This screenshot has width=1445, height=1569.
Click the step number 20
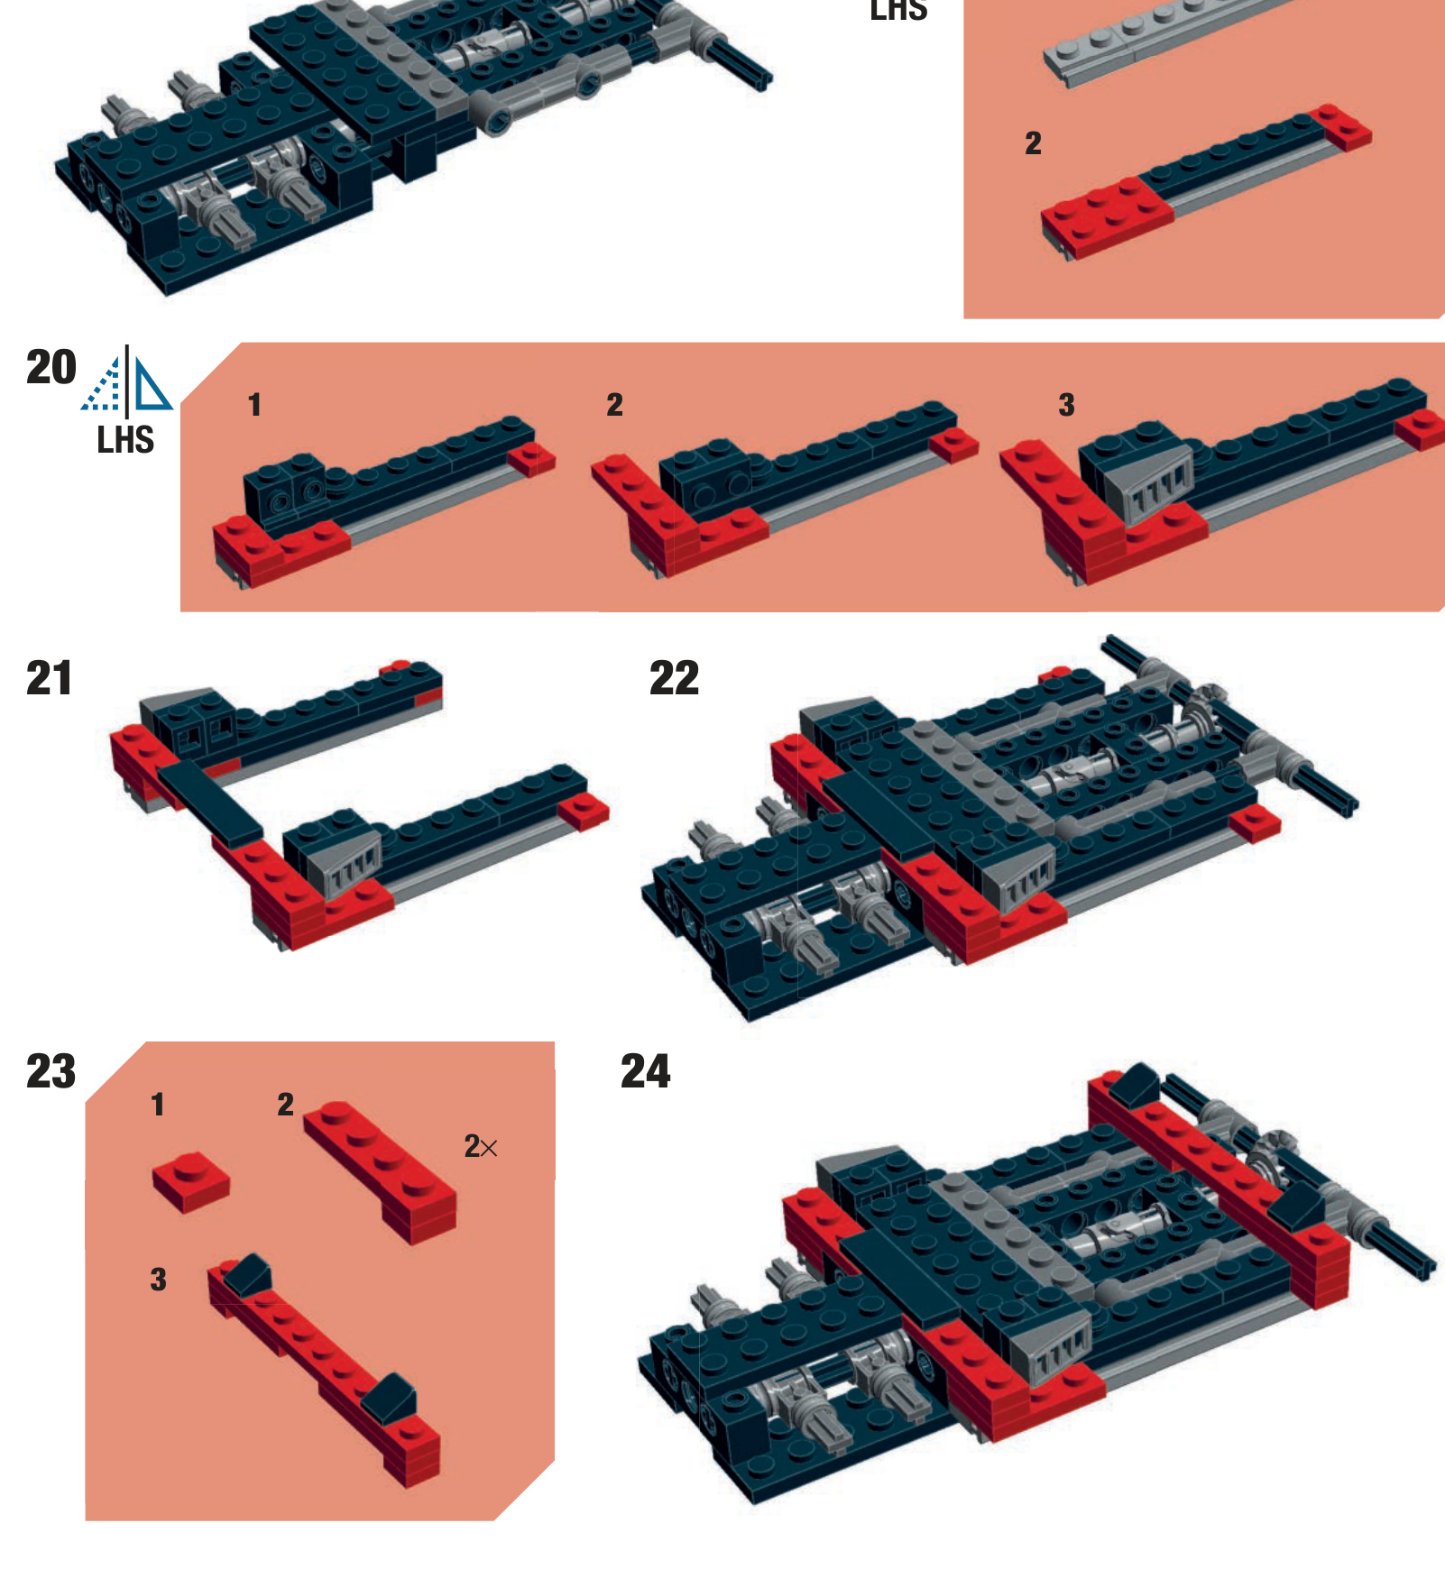[x=51, y=368]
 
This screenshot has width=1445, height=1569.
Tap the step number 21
[x=49, y=679]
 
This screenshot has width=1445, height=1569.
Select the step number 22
[x=674, y=679]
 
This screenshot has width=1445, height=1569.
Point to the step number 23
[x=51, y=1072]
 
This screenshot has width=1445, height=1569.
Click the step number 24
[x=645, y=1072]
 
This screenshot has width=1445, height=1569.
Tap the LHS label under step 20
[x=125, y=441]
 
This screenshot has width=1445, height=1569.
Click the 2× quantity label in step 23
[x=480, y=1147]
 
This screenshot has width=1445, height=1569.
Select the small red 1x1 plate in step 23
[x=190, y=1182]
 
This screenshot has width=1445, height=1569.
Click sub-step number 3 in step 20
[x=1066, y=405]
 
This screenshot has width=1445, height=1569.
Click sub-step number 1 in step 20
[x=254, y=405]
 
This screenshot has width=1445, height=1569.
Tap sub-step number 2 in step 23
[x=285, y=1105]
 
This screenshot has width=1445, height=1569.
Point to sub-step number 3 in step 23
[x=158, y=1280]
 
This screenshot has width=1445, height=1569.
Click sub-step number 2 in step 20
[x=614, y=405]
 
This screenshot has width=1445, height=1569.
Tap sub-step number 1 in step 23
[x=158, y=1105]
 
